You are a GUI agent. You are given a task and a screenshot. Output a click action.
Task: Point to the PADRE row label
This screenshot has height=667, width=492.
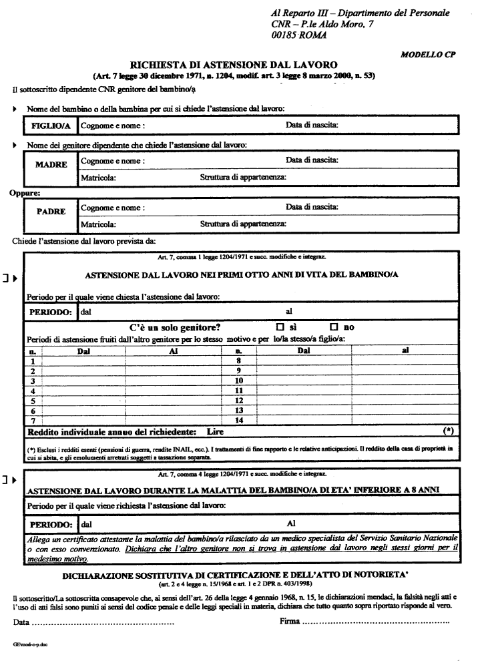click(50, 212)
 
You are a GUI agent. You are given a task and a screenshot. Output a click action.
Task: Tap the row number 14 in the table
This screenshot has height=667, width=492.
click(238, 420)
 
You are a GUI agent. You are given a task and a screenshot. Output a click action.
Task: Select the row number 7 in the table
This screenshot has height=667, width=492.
click(31, 420)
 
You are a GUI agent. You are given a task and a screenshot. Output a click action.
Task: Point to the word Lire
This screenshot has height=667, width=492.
click(215, 432)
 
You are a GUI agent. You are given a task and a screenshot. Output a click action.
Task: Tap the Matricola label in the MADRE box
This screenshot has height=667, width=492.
click(98, 178)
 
